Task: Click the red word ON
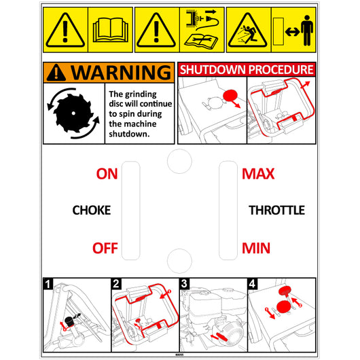[107, 174]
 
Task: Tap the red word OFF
[105, 248]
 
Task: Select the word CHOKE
[92, 210]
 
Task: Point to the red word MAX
[258, 174]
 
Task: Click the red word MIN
[256, 248]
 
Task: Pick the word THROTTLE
[277, 210]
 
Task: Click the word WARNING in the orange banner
[121, 73]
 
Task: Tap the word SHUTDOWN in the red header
[213, 69]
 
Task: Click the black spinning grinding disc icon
[73, 113]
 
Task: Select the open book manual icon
[111, 30]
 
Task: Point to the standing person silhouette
[307, 31]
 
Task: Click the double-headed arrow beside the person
[292, 32]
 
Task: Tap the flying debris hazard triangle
[247, 31]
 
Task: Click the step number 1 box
[48, 284]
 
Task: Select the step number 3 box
[184, 284]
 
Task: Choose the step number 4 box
[252, 284]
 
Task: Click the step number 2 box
[116, 284]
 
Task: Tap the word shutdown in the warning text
[129, 134]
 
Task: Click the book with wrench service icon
[201, 41]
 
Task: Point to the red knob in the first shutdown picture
[230, 96]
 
